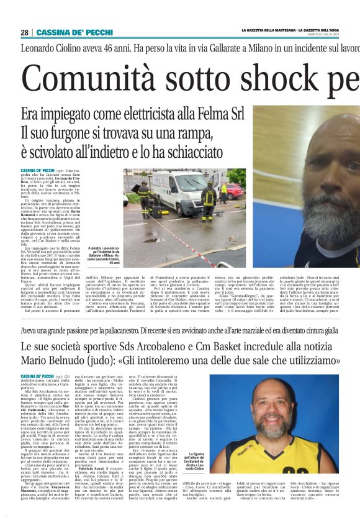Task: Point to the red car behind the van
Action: point(233,191)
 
